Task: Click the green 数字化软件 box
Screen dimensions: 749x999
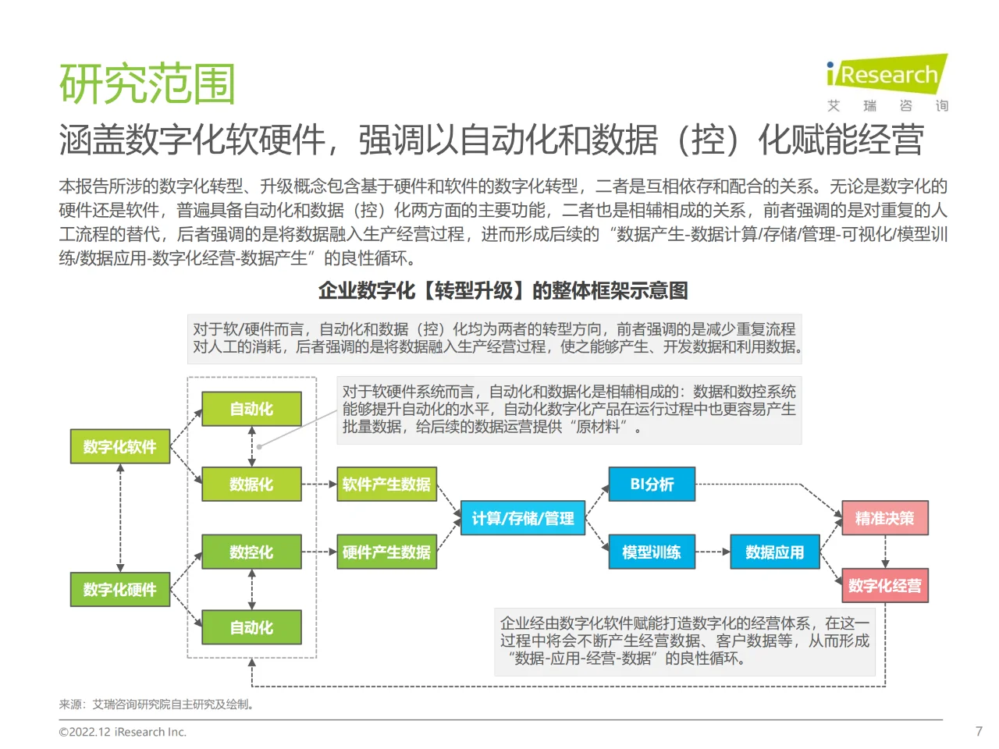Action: click(x=120, y=446)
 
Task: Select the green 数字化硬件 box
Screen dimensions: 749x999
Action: click(x=120, y=589)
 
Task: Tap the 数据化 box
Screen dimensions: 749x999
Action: click(x=251, y=484)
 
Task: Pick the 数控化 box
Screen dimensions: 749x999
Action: click(x=251, y=552)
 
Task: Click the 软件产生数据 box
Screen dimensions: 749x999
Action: click(x=386, y=484)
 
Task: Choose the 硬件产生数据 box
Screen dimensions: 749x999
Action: click(x=386, y=552)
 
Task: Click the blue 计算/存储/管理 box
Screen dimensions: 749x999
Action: click(x=523, y=518)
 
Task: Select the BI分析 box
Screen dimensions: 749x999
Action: click(x=652, y=484)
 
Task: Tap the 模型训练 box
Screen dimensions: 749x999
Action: click(x=652, y=552)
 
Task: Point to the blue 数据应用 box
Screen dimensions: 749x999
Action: click(x=774, y=552)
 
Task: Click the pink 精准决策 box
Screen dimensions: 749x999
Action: click(x=884, y=518)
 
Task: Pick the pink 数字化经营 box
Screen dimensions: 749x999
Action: click(x=884, y=585)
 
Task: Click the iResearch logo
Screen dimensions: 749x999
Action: click(x=887, y=75)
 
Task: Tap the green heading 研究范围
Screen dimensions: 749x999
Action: click(x=148, y=83)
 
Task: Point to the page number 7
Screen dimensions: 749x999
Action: click(x=979, y=731)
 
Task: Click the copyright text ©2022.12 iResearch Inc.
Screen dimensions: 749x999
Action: click(x=123, y=732)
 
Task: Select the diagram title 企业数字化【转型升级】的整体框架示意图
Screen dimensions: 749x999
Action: click(x=503, y=291)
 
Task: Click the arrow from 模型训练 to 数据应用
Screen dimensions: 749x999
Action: click(x=713, y=552)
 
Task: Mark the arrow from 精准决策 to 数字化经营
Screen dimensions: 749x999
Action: click(x=885, y=552)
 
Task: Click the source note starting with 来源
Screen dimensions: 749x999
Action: click(x=157, y=704)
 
